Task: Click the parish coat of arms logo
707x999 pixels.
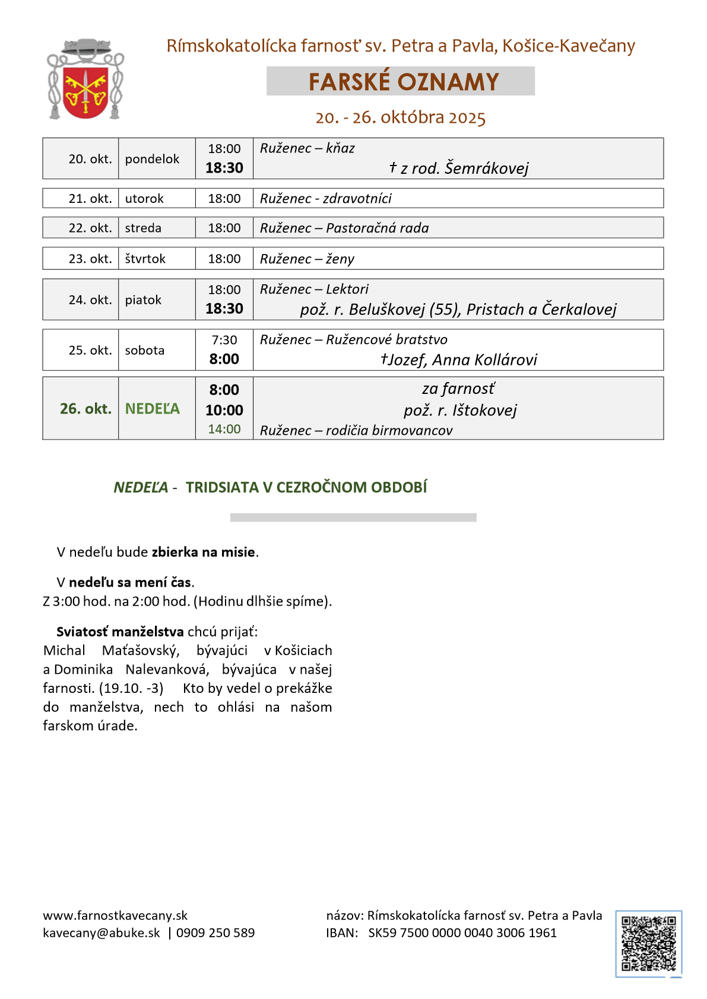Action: pyautogui.click(x=85, y=80)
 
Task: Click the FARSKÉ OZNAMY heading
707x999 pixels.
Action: pyautogui.click(x=403, y=82)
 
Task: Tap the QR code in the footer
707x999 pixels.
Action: pyautogui.click(x=648, y=943)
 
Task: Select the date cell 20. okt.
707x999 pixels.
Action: pyautogui.click(x=90, y=159)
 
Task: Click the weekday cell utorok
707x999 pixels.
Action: pyautogui.click(x=144, y=199)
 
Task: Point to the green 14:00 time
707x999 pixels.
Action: pyautogui.click(x=224, y=429)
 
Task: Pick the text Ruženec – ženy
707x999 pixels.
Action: pyautogui.click(x=307, y=259)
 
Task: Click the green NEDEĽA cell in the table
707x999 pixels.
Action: pyautogui.click(x=152, y=409)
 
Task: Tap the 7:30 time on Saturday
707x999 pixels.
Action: pyautogui.click(x=224, y=341)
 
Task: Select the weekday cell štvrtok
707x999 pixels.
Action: pyautogui.click(x=145, y=259)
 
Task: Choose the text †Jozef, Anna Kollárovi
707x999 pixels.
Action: pyautogui.click(x=458, y=360)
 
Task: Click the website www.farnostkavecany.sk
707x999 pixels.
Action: pyautogui.click(x=115, y=916)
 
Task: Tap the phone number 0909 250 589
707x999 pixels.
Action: pyautogui.click(x=215, y=933)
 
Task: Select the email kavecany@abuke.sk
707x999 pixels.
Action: pyautogui.click(x=102, y=933)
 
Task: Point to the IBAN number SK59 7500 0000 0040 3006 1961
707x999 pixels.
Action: pyautogui.click(x=462, y=933)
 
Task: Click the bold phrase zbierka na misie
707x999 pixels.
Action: pyautogui.click(x=204, y=552)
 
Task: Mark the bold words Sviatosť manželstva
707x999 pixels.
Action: pyautogui.click(x=120, y=632)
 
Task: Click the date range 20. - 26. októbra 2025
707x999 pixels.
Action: pyautogui.click(x=401, y=117)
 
